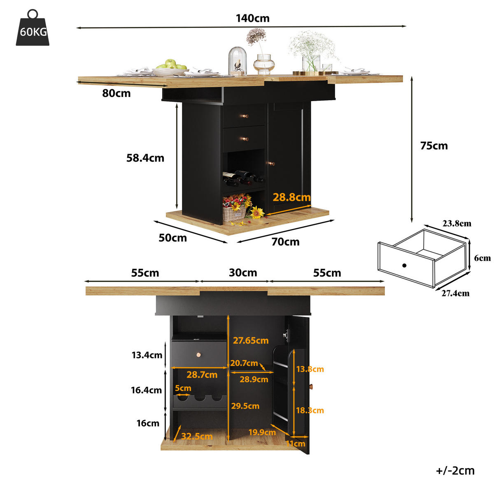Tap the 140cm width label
pos(253,18)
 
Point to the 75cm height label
pos(434,146)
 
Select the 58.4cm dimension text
pos(145,158)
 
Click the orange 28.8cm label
pos(291,197)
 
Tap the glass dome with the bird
pos(238,61)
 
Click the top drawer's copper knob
pos(245,116)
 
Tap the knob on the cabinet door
pos(271,164)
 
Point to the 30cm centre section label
pos(243,273)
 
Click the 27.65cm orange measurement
pos(251,340)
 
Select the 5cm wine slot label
pos(183,388)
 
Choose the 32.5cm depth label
pos(197,436)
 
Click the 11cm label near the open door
pos(296,444)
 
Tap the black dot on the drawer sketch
pos(404,266)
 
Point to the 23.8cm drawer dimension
pos(457,224)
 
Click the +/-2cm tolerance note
pos(455,471)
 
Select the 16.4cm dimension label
pos(146,390)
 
